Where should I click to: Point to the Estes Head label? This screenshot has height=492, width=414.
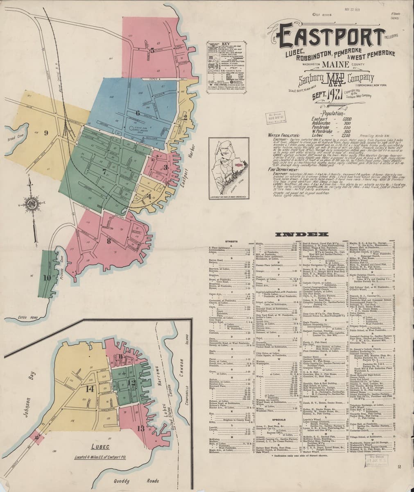[x=16, y=318]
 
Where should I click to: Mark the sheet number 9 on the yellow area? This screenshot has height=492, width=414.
[x=46, y=132]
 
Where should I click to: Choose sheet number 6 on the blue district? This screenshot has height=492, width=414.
[x=138, y=113]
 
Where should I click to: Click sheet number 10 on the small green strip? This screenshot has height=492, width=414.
[x=48, y=278]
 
